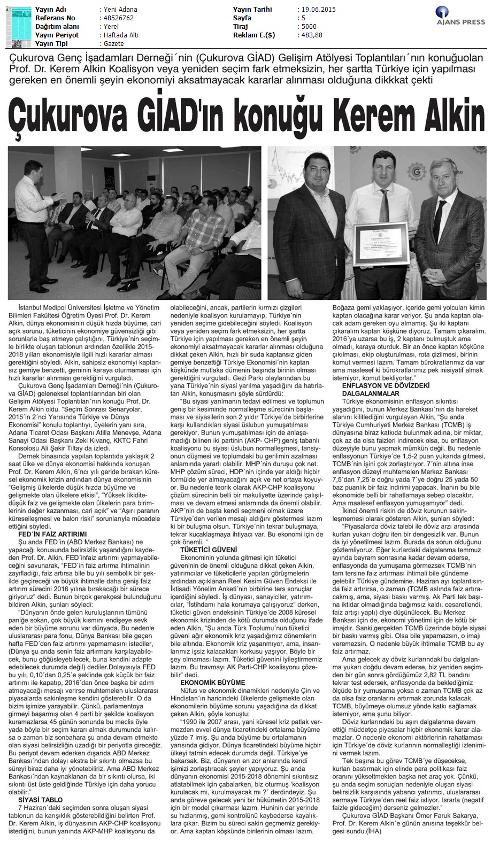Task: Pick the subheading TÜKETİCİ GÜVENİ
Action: (203, 549)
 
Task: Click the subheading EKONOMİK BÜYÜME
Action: (205, 683)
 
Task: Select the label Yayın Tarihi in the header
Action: (252, 10)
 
